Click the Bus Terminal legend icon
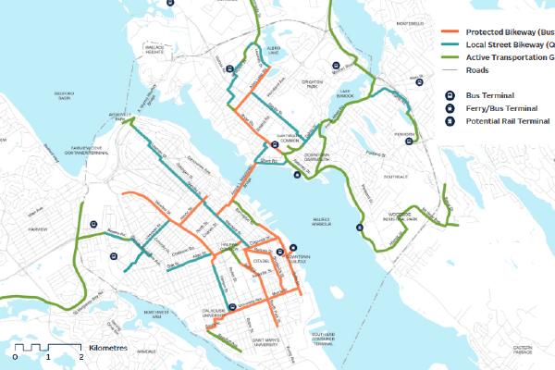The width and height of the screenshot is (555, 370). point(448,94)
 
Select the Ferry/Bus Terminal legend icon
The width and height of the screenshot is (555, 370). point(448,109)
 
